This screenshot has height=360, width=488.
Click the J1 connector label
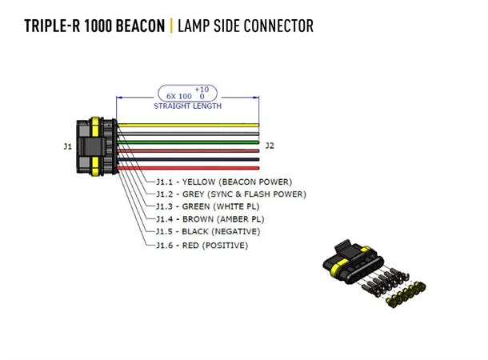click(67, 146)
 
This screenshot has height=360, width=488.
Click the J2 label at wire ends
click(270, 146)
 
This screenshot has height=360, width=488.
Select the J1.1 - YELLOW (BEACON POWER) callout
click(223, 182)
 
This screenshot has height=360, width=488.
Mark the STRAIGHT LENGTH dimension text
click(188, 106)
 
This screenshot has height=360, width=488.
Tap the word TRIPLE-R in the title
click(50, 26)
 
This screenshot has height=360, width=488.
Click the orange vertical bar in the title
click(170, 26)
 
